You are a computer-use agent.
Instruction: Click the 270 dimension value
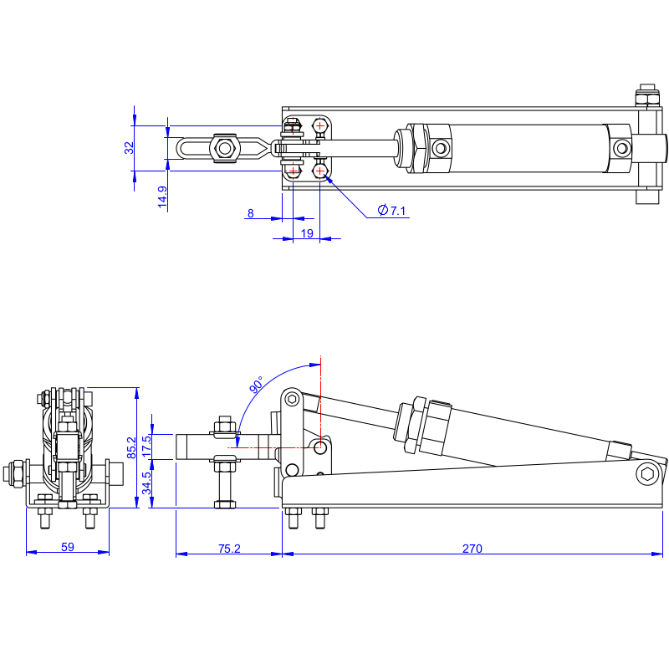tap(472, 549)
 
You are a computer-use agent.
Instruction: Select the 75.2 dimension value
tap(229, 549)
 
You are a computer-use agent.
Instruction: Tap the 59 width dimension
tap(68, 547)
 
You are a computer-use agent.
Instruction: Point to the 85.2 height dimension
tap(131, 447)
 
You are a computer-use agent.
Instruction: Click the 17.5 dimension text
tap(146, 447)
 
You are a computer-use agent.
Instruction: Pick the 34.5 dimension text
tap(146, 483)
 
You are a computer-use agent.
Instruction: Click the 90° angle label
tap(257, 385)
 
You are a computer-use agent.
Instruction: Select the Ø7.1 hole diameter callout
tap(391, 211)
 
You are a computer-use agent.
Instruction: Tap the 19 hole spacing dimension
tap(307, 233)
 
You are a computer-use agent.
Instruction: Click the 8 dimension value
tap(250, 213)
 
